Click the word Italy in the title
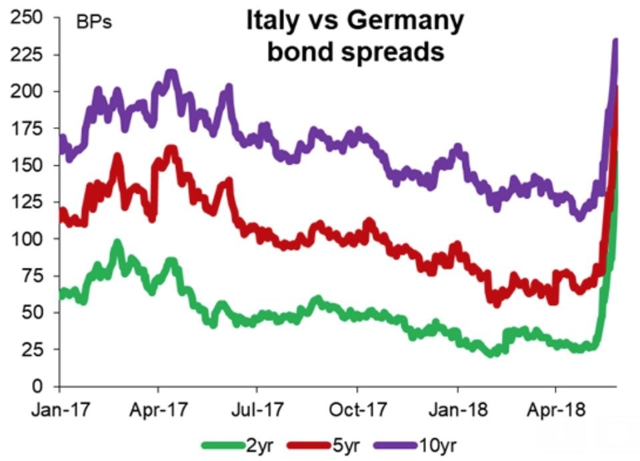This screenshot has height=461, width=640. (271, 21)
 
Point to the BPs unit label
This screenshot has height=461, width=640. (93, 23)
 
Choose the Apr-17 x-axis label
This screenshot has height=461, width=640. (158, 408)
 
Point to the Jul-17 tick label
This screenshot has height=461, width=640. (257, 408)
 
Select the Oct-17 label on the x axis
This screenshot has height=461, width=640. (357, 408)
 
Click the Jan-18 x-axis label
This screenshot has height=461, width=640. (457, 408)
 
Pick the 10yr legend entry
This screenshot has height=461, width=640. (437, 444)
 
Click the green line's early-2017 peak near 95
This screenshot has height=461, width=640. (117, 244)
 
